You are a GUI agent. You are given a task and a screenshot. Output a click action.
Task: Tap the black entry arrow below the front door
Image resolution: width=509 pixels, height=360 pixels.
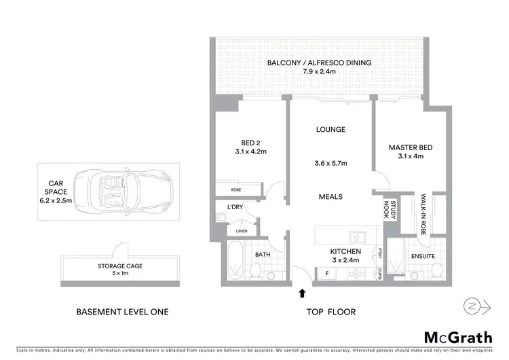302,293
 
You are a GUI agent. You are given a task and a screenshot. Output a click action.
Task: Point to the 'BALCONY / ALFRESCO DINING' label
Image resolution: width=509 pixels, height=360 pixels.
319,63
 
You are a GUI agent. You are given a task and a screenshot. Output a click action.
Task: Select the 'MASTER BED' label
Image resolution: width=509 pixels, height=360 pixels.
411,147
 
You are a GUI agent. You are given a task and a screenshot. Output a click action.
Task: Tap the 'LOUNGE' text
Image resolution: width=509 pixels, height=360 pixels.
331,129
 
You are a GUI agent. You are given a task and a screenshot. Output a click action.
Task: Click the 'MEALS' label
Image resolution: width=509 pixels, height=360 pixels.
331,197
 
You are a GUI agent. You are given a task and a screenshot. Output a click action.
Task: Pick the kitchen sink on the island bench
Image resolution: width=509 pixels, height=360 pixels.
357,237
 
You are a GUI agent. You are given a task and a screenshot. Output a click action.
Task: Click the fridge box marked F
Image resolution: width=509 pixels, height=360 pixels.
328,273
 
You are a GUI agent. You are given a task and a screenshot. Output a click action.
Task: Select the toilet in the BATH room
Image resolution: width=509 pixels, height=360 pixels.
255,272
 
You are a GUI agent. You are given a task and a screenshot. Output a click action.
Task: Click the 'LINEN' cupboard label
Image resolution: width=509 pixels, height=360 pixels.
242,232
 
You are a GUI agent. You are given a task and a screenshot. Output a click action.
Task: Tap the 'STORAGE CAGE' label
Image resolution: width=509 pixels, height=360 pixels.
121,267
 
